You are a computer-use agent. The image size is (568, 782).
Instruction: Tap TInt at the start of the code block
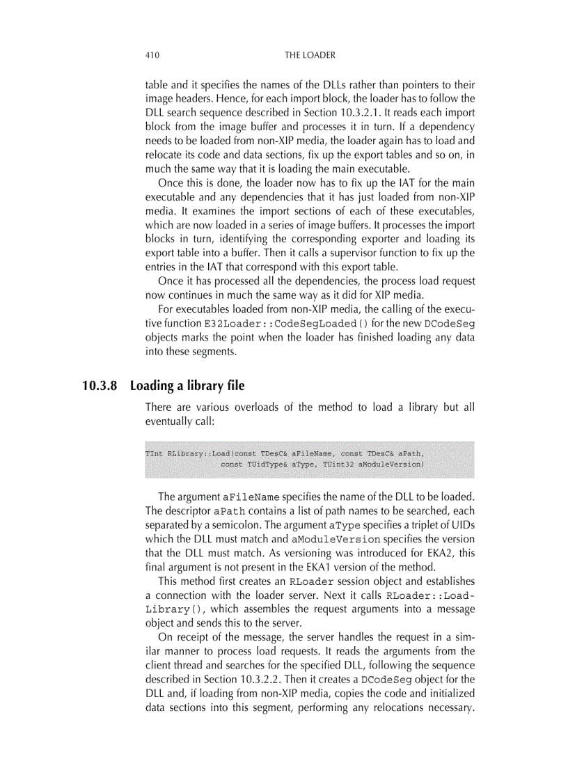pyautogui.click(x=154, y=453)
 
